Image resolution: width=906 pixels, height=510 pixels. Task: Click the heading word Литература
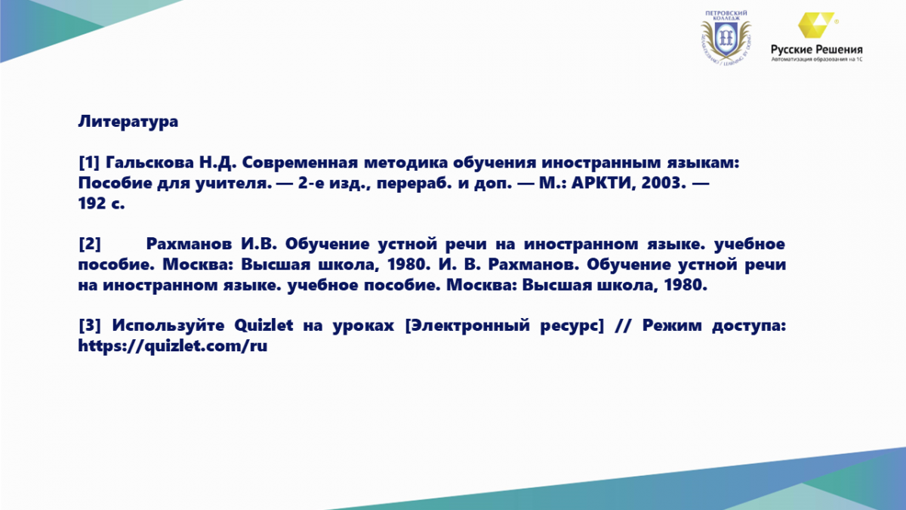point(128,122)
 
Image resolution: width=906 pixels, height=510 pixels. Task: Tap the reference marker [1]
point(89,162)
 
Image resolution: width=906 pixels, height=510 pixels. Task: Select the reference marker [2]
point(89,244)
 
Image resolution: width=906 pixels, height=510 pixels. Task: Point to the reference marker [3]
point(89,326)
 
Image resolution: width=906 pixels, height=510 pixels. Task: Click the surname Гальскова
point(149,162)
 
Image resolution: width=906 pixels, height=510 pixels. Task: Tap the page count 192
point(92,203)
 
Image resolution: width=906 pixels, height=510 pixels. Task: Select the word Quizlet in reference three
point(263,326)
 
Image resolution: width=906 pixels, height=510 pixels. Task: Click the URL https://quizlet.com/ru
point(173,346)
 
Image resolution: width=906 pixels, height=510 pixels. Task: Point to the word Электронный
point(467,326)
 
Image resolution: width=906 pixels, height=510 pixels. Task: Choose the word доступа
point(749,326)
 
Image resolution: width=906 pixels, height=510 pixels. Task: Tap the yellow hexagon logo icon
point(816,25)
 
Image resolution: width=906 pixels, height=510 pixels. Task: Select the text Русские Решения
point(816,50)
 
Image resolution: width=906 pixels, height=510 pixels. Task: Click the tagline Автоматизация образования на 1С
point(816,60)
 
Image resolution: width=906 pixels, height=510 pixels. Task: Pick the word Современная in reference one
point(300,162)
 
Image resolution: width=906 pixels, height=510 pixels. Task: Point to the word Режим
point(672,326)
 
